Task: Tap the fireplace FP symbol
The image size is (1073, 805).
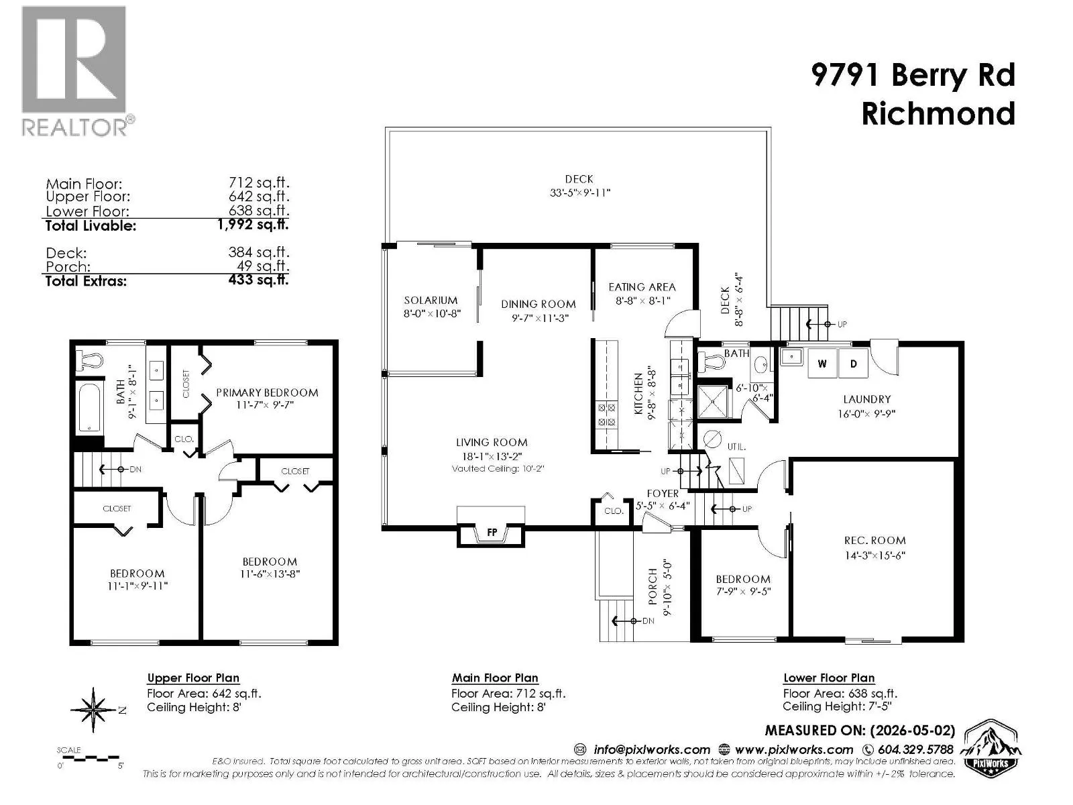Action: [x=491, y=532]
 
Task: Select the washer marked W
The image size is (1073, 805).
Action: [x=822, y=363]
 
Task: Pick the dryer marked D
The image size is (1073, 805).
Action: [x=854, y=363]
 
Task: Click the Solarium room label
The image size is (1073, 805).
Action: [x=431, y=300]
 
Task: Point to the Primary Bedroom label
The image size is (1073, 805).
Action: [x=267, y=392]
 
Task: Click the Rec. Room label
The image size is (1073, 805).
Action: [x=875, y=541]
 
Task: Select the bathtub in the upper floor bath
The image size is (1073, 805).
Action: [x=89, y=408]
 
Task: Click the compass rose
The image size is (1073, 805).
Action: [x=94, y=710]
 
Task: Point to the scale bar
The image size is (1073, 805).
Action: [x=91, y=759]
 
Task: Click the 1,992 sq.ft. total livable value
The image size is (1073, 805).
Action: [x=253, y=224]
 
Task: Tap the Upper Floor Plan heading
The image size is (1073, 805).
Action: [x=193, y=678]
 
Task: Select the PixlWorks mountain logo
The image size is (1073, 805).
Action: [x=991, y=746]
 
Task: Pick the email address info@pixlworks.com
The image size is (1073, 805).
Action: [x=652, y=750]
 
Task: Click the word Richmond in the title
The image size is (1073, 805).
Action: [x=938, y=113]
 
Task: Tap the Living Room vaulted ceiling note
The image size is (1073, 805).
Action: [x=498, y=469]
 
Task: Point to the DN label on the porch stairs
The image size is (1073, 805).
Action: [x=648, y=621]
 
